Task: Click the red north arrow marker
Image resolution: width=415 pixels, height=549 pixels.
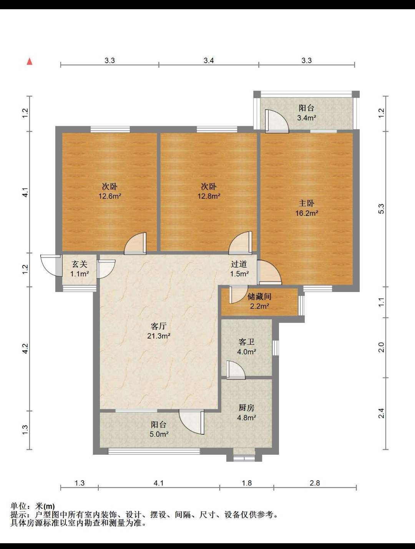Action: pos(30,61)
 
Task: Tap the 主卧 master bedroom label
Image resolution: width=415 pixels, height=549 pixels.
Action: pos(306,204)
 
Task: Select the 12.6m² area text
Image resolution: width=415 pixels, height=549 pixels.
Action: pos(110,196)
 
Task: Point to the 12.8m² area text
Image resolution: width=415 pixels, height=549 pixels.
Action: pos(209,196)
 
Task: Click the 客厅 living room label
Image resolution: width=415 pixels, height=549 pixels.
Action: pos(159,326)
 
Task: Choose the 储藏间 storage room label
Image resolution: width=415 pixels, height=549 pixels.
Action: pos(259,297)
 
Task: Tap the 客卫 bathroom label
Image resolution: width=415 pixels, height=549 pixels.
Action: pos(246,342)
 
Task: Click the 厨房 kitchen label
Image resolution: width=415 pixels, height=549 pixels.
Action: pos(246,408)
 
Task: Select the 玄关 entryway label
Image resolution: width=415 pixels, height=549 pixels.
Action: pos(80,264)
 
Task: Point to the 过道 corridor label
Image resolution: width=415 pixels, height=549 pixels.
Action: pos(239,264)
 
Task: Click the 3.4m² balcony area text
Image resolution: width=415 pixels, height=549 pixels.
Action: pos(307,118)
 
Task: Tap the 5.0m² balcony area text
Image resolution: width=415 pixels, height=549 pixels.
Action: pos(159,434)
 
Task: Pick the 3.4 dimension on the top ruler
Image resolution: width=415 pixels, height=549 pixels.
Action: pos(209,60)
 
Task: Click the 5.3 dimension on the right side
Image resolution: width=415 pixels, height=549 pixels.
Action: pos(382,209)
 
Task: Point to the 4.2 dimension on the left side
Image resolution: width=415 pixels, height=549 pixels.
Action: pos(25,349)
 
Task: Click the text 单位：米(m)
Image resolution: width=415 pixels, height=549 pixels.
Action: pos(32,506)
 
